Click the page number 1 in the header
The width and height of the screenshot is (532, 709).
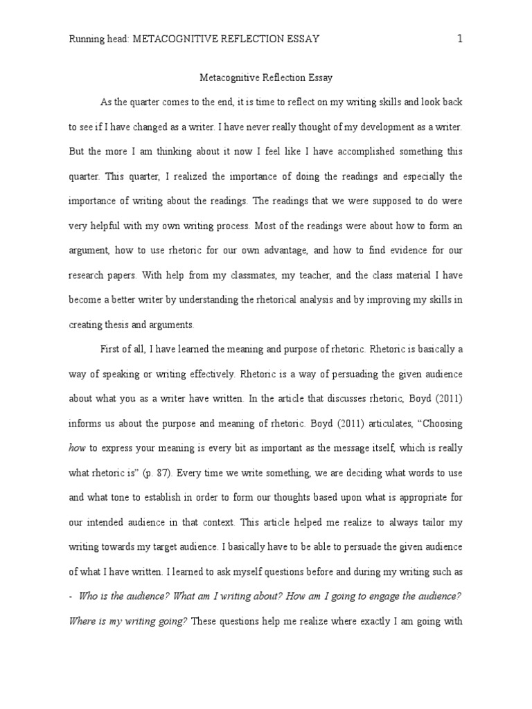459,39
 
